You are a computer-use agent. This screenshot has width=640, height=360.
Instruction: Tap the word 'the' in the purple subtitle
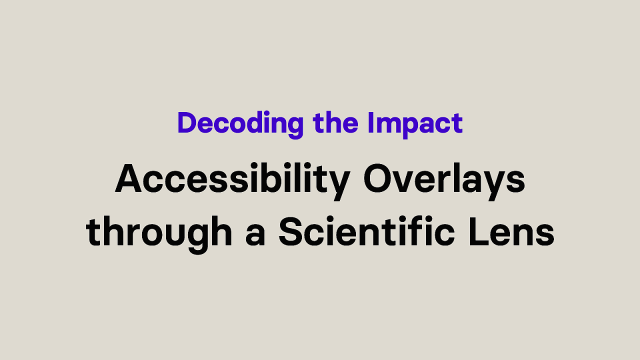(x=312, y=125)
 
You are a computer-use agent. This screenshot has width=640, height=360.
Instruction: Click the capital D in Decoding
(x=186, y=124)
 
